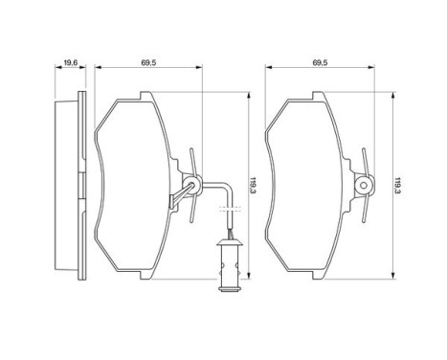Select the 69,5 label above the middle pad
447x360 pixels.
click(x=148, y=62)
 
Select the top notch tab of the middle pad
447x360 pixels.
click(x=144, y=96)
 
